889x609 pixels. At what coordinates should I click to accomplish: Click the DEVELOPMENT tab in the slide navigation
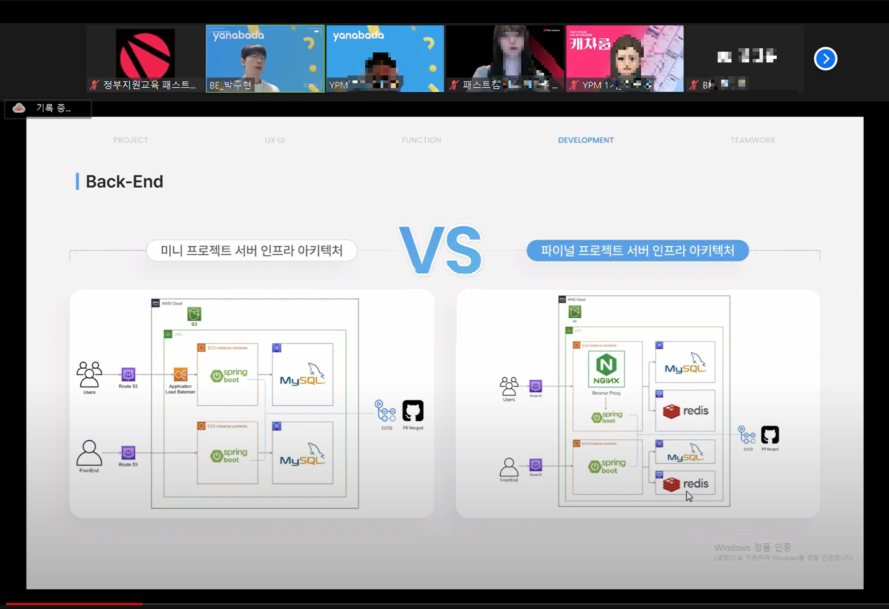(586, 140)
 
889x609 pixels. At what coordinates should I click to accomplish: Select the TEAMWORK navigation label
(753, 140)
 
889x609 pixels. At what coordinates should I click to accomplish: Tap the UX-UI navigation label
(275, 140)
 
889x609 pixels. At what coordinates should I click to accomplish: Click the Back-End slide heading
(124, 182)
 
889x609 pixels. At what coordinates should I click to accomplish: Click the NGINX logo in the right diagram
(606, 369)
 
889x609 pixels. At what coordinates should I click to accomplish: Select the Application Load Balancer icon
(180, 374)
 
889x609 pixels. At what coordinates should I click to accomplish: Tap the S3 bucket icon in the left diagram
(194, 314)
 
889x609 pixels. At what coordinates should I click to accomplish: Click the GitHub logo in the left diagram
(413, 411)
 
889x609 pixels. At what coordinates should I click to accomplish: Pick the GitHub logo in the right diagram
(770, 435)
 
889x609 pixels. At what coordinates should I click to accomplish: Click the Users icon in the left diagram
(89, 374)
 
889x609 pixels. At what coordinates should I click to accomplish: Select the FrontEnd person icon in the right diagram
(509, 467)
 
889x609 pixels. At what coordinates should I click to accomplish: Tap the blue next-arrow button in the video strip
(825, 59)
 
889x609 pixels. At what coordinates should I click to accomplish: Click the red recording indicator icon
(19, 108)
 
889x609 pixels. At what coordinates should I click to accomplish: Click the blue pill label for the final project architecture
(637, 250)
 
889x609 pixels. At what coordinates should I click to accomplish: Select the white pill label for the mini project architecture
(252, 250)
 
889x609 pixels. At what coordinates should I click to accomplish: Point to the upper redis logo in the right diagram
(685, 411)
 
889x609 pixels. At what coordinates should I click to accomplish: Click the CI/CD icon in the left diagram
(386, 411)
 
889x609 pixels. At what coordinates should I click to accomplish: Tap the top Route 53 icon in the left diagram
(128, 374)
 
